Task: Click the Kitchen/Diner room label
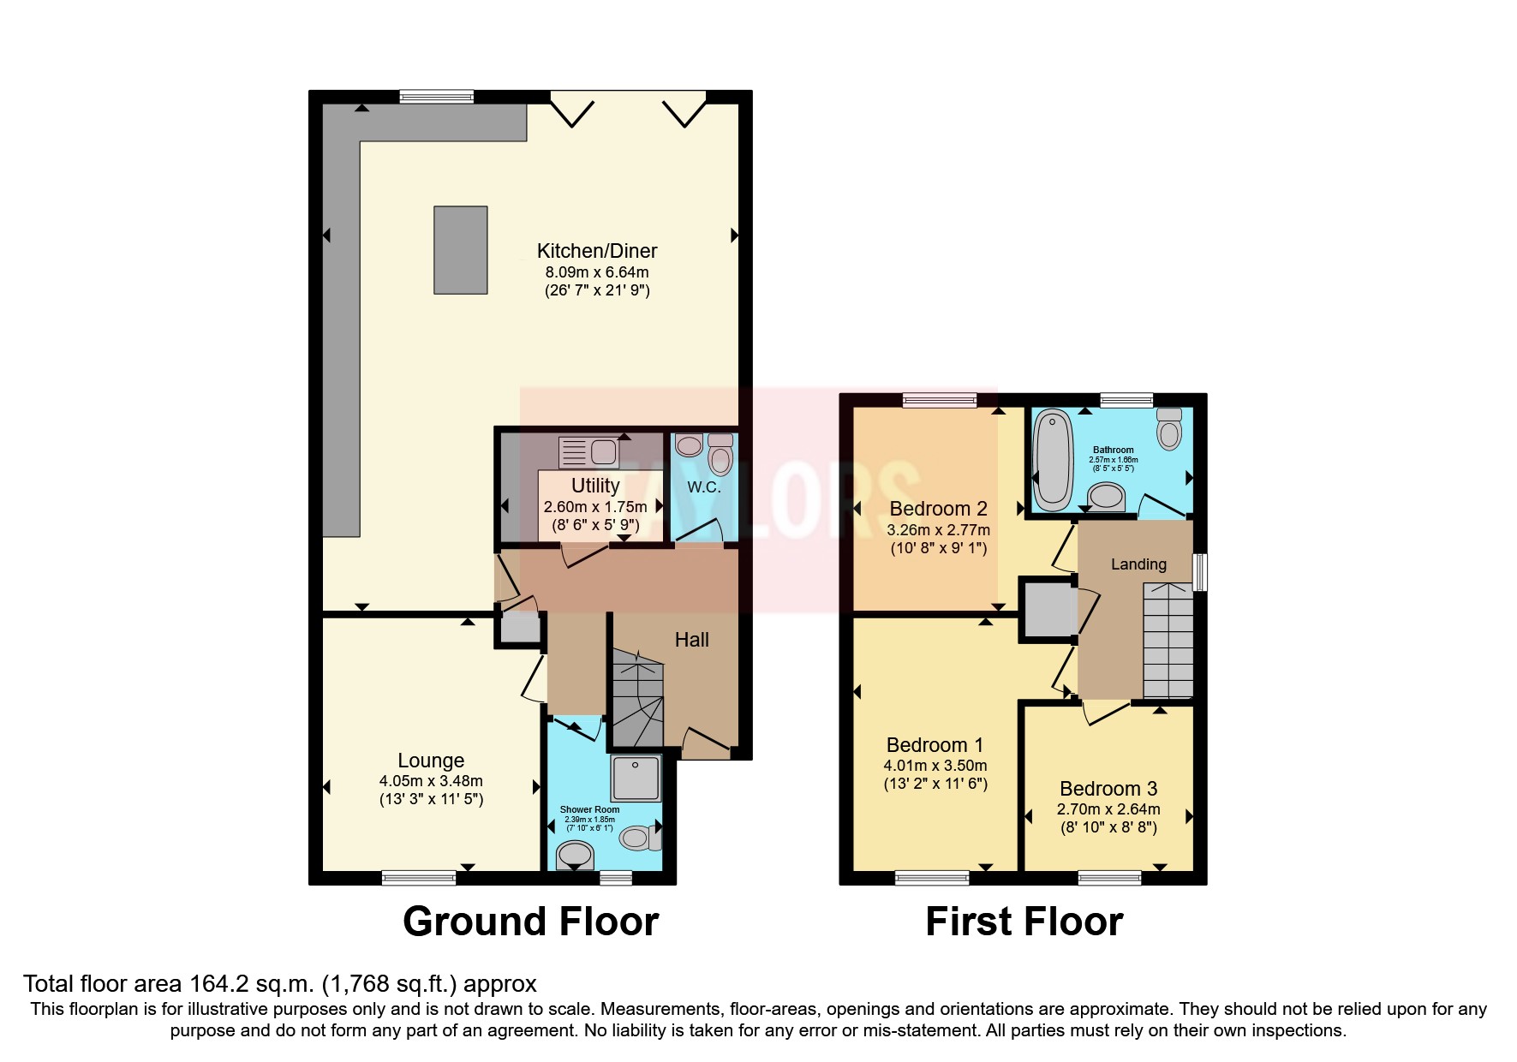coord(597,251)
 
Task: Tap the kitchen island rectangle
coord(461,250)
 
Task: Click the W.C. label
coord(703,487)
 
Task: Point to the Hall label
coord(691,640)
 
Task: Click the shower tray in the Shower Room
coord(636,778)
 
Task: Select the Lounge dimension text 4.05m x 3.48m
coord(431,781)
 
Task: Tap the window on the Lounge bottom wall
coord(419,877)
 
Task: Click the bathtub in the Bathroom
coord(1048,460)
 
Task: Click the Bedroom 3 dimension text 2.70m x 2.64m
coord(1108,809)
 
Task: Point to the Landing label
coord(1138,564)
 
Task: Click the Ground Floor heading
coord(530,922)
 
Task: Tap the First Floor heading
coord(1024,922)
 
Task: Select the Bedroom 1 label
coord(935,745)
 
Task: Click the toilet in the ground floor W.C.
coord(720,454)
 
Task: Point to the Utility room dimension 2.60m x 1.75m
coord(595,507)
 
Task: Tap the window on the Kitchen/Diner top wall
coord(437,96)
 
